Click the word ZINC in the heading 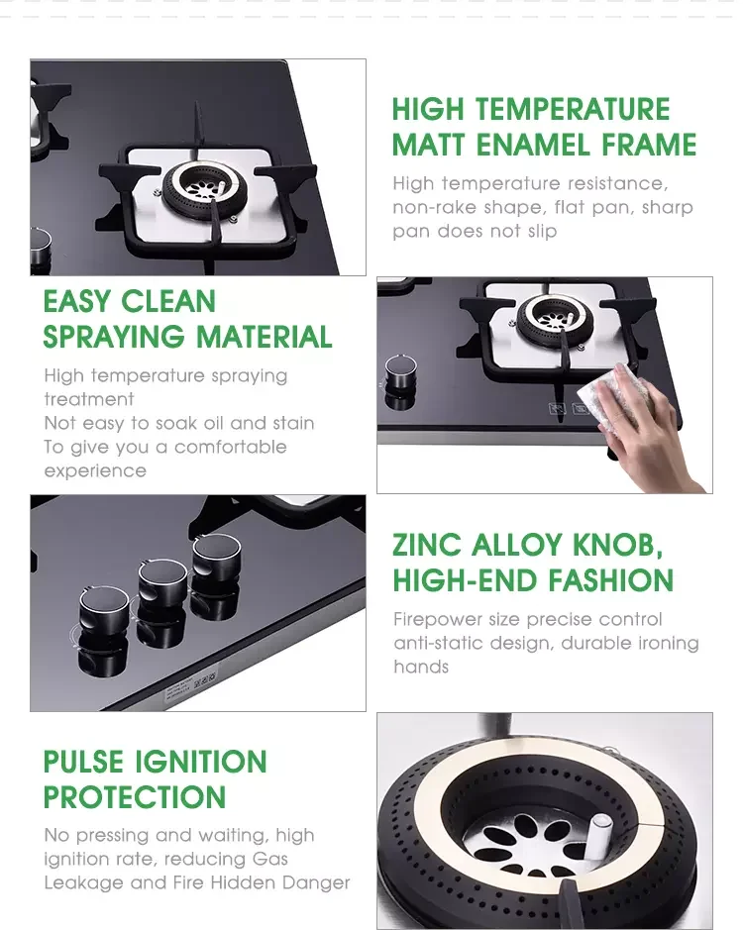click(426, 545)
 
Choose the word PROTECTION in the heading click(135, 797)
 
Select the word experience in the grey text click(95, 470)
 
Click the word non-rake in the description click(435, 208)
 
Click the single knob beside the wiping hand click(400, 374)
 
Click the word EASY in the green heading click(80, 302)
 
